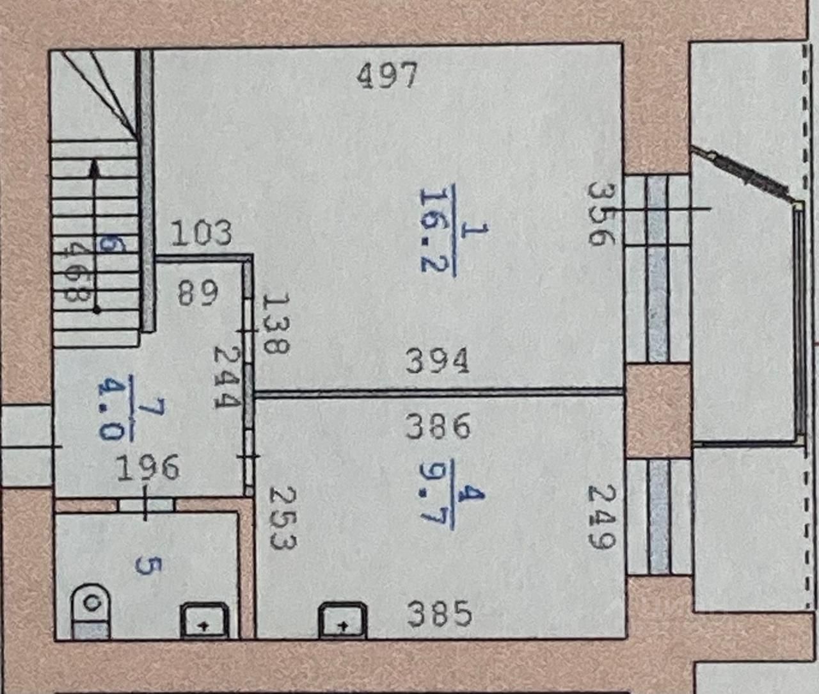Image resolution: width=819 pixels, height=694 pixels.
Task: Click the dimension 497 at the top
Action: [x=387, y=75]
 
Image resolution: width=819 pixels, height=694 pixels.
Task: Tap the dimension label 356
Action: [x=601, y=214]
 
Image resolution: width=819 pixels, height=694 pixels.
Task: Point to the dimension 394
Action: [x=438, y=361]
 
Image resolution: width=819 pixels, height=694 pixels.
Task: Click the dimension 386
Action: [x=438, y=426]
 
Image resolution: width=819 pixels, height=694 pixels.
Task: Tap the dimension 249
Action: [x=601, y=517]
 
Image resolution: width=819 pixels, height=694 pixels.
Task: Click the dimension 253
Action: [x=282, y=518]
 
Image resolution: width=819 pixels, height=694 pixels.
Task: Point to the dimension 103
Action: [x=202, y=233]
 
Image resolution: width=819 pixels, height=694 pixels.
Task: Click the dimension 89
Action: [x=198, y=293]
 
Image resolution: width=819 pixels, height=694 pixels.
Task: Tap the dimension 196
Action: [x=148, y=468]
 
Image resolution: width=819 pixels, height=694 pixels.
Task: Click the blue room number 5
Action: [x=148, y=565]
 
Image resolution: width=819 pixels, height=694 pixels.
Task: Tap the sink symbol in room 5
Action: [x=203, y=622]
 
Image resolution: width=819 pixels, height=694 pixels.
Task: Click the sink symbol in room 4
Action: [x=342, y=622]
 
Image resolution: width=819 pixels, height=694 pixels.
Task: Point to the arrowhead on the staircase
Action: [x=95, y=168]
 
